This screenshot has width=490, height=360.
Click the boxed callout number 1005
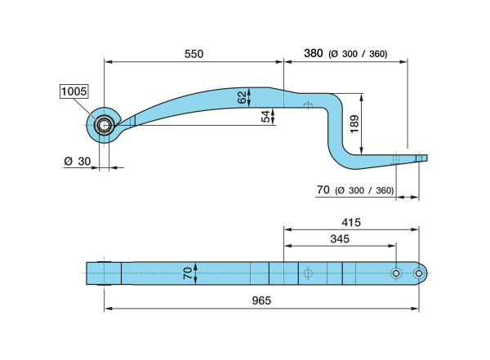click(x=73, y=91)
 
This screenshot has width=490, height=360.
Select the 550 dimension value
click(x=194, y=54)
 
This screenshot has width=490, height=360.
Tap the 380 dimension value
click(x=314, y=53)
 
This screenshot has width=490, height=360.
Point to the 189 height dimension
click(x=354, y=124)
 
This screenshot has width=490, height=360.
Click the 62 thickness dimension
click(x=243, y=97)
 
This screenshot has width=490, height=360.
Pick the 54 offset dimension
click(x=265, y=116)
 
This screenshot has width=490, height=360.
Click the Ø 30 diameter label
click(x=78, y=162)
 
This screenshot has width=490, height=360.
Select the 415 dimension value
click(x=351, y=223)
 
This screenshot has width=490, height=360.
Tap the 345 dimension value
click(x=340, y=239)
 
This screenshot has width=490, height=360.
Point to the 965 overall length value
click(x=261, y=300)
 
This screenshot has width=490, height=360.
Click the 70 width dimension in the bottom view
click(x=188, y=273)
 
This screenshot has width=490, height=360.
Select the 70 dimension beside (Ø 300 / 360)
click(x=323, y=189)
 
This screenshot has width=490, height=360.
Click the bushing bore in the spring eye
click(x=105, y=126)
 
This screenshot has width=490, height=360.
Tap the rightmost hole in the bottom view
click(x=419, y=273)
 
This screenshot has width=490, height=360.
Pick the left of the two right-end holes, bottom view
click(x=396, y=273)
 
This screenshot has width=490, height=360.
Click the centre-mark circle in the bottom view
click(x=308, y=273)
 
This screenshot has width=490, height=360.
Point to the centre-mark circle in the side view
click(x=308, y=105)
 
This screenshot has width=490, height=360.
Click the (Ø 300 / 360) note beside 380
click(x=358, y=54)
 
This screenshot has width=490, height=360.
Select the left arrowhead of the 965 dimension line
click(x=108, y=309)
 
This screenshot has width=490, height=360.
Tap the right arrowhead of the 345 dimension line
click(x=392, y=246)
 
